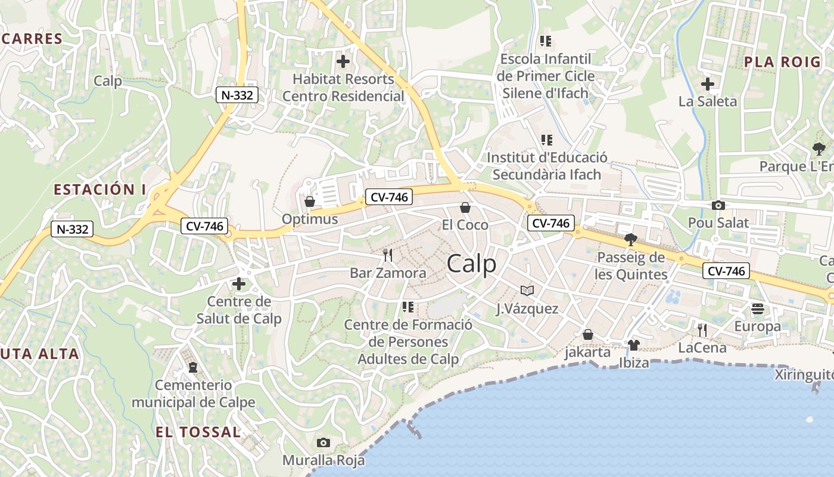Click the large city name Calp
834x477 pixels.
coord(471,263)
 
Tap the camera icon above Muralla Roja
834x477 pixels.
coord(323,442)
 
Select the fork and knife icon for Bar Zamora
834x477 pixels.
coord(388,255)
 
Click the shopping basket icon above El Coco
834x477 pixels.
coord(465,207)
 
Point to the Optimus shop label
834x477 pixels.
coord(309,219)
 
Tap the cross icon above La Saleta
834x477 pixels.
coord(708,84)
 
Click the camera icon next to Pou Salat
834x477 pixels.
coord(718,206)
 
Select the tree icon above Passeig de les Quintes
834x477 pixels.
coord(630,240)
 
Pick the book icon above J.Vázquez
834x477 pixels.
coord(527,290)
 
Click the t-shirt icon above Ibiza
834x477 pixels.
coord(633,345)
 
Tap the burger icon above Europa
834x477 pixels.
coord(758,309)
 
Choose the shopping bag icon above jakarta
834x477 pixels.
coord(588,334)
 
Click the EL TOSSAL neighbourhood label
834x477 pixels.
coord(198,432)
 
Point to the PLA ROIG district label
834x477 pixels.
coord(774,61)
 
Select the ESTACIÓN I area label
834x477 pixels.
coord(99,190)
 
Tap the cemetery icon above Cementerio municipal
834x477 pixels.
coord(192,367)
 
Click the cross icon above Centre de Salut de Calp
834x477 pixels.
coord(239,284)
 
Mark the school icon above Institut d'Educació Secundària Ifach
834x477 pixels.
coord(546,140)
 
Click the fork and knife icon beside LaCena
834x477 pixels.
coord(702,330)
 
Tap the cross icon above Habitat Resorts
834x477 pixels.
coord(343,61)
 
